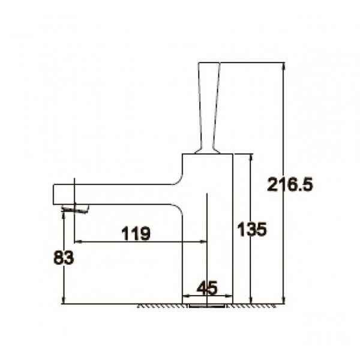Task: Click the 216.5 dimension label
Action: [290, 185]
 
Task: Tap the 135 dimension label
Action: [252, 229]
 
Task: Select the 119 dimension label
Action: [136, 233]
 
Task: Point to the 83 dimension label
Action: [64, 257]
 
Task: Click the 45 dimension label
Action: [207, 288]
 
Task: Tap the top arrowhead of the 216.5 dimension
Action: [284, 66]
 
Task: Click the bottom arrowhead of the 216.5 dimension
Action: [284, 300]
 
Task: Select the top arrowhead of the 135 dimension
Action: [251, 157]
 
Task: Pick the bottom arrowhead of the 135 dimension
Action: [251, 300]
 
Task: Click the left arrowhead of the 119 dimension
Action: [78, 242]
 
